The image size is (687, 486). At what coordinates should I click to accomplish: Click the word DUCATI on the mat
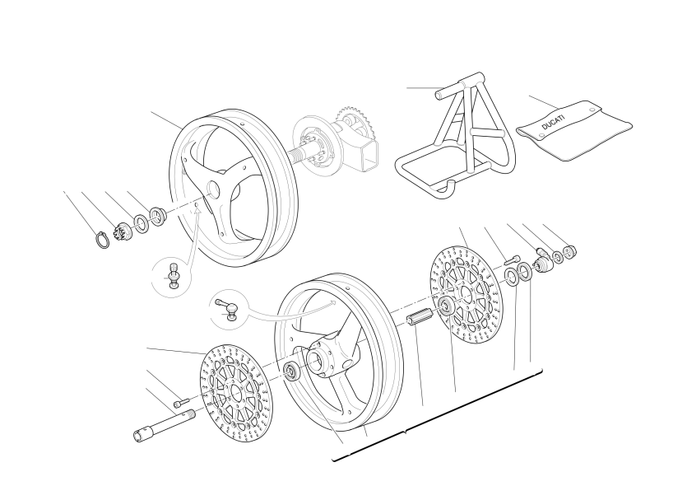tap(554, 123)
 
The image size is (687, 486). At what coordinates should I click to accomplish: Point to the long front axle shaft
tap(164, 424)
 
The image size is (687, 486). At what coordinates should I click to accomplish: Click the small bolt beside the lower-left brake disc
tap(181, 402)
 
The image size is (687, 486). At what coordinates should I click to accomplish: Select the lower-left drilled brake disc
tap(236, 394)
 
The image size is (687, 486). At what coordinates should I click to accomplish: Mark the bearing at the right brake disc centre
tap(447, 306)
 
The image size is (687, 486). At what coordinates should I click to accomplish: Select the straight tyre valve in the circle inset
tap(173, 276)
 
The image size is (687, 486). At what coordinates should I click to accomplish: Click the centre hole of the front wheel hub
tap(314, 361)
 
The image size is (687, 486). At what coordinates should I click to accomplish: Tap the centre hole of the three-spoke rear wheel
tap(213, 189)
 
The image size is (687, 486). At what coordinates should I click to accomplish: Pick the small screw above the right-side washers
tap(511, 260)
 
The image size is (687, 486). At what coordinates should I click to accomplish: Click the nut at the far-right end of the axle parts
tap(569, 252)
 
